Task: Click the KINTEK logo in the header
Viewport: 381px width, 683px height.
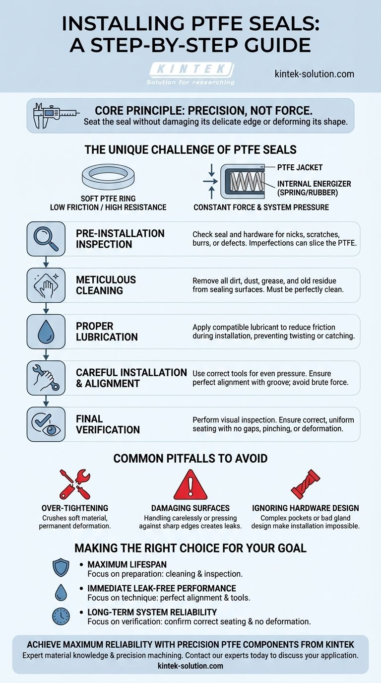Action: pyautogui.click(x=191, y=73)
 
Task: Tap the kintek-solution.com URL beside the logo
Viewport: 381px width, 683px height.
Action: pyautogui.click(x=314, y=74)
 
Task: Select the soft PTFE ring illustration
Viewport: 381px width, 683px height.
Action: pyautogui.click(x=108, y=177)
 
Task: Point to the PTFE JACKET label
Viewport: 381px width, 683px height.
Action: pyautogui.click(x=300, y=167)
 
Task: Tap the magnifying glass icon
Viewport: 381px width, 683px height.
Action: pyautogui.click(x=46, y=239)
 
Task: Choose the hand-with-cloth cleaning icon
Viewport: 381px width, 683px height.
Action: pyautogui.click(x=46, y=285)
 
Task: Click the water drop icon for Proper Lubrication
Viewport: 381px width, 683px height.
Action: pyautogui.click(x=46, y=332)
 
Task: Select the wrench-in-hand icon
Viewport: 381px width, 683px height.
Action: pyautogui.click(x=46, y=378)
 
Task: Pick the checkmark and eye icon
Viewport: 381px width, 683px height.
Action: pyautogui.click(x=46, y=424)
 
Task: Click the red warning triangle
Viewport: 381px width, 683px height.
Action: pyautogui.click(x=190, y=484)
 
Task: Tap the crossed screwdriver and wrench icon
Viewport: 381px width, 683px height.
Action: pyautogui.click(x=75, y=484)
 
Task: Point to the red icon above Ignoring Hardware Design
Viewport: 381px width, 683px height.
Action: pyautogui.click(x=305, y=484)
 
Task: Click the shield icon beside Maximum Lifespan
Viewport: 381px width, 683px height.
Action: pyautogui.click(x=61, y=568)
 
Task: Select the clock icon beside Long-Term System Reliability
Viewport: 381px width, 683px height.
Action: pyautogui.click(x=61, y=616)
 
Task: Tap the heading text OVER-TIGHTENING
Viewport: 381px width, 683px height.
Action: pyautogui.click(x=75, y=508)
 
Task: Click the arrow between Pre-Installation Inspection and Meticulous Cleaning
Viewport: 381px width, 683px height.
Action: pyautogui.click(x=46, y=262)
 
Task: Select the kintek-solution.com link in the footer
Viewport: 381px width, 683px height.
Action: pyautogui.click(x=190, y=666)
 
